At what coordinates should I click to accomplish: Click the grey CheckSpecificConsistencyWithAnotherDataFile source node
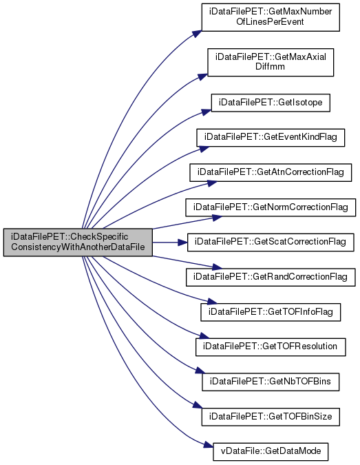(78, 242)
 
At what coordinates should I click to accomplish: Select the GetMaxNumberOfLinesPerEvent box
(271, 17)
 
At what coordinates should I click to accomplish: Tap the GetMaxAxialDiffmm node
(271, 62)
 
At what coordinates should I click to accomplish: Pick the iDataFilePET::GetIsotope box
(271, 103)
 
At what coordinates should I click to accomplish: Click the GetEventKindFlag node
(271, 138)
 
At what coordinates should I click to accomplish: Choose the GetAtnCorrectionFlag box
(271, 172)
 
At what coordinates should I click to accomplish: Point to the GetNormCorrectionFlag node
(271, 207)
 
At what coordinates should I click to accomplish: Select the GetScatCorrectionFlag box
(271, 242)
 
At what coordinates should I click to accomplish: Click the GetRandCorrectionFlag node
(271, 278)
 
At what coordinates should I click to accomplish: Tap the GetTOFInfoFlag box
(271, 312)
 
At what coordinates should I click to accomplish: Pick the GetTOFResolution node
(271, 347)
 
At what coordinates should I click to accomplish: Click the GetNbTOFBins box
(271, 382)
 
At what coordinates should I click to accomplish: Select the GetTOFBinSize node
(271, 417)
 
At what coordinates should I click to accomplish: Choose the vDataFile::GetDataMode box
(271, 452)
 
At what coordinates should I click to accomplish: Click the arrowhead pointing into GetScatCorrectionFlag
(183, 242)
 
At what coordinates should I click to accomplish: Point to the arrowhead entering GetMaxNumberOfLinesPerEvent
(197, 33)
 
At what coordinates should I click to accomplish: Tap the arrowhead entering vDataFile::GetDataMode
(209, 446)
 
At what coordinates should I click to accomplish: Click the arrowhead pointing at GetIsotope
(207, 112)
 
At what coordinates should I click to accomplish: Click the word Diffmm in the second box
(271, 66)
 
